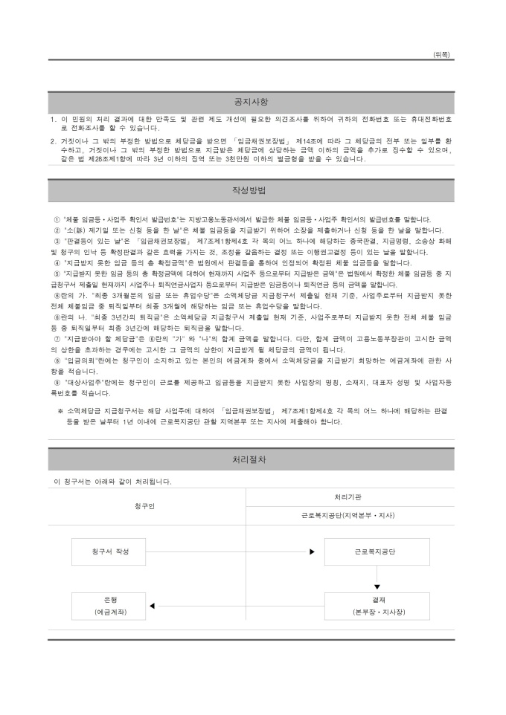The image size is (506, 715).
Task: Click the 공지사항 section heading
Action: pos(251,102)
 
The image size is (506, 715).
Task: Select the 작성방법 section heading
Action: pos(251,190)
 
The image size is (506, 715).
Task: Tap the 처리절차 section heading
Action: pos(251,459)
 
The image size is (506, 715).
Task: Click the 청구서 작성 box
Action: pos(111,551)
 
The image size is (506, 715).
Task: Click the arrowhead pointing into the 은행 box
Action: pos(152,606)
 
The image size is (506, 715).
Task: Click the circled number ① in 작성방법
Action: pos(57,220)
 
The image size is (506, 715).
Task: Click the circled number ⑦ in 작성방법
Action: pos(57,339)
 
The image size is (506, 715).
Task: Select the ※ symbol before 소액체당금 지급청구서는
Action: pos(61,410)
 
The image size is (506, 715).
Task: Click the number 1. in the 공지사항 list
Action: pos(54,119)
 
